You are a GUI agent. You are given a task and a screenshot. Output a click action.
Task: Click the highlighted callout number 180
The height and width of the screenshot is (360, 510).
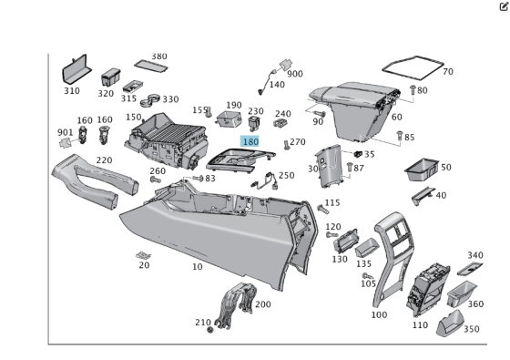[250, 142]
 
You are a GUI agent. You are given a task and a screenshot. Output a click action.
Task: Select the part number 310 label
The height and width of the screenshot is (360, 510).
[71, 91]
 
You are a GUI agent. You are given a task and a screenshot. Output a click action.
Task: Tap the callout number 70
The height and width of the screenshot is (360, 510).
[447, 71]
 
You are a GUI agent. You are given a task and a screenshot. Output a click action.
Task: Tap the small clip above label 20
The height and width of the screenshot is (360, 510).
[143, 254]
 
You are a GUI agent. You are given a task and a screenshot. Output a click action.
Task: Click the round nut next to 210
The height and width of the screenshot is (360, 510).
[211, 329]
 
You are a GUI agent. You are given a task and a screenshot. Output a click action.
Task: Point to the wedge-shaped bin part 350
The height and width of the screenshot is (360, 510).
[450, 324]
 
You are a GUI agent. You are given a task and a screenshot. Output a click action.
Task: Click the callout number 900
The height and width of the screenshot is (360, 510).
[295, 74]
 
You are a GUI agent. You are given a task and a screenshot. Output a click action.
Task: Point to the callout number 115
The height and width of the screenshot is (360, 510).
[332, 202]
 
